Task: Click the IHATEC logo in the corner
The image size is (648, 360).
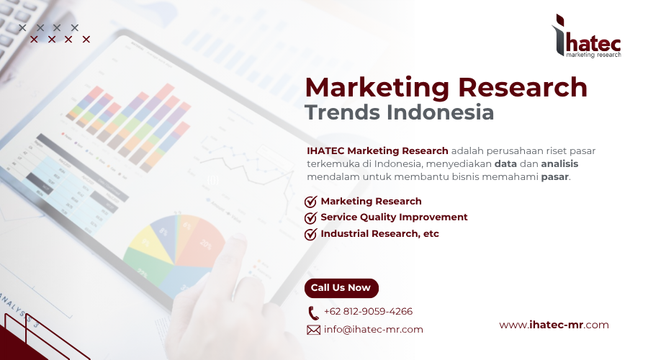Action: point(585,35)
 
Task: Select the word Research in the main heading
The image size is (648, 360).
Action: point(523,87)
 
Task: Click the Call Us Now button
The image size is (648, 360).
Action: point(341,288)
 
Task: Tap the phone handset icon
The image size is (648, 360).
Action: point(313,312)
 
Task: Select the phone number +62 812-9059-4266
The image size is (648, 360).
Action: point(368,312)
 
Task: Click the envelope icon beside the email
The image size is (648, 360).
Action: point(313,330)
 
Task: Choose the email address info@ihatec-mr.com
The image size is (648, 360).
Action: point(373,330)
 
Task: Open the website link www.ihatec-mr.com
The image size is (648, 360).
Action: point(554,325)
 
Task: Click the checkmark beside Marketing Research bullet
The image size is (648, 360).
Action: point(311,202)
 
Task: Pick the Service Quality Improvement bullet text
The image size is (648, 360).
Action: point(394,217)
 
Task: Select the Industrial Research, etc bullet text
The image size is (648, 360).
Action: point(379,234)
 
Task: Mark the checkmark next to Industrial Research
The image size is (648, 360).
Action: point(311,234)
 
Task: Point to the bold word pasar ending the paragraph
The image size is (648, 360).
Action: point(554,176)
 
